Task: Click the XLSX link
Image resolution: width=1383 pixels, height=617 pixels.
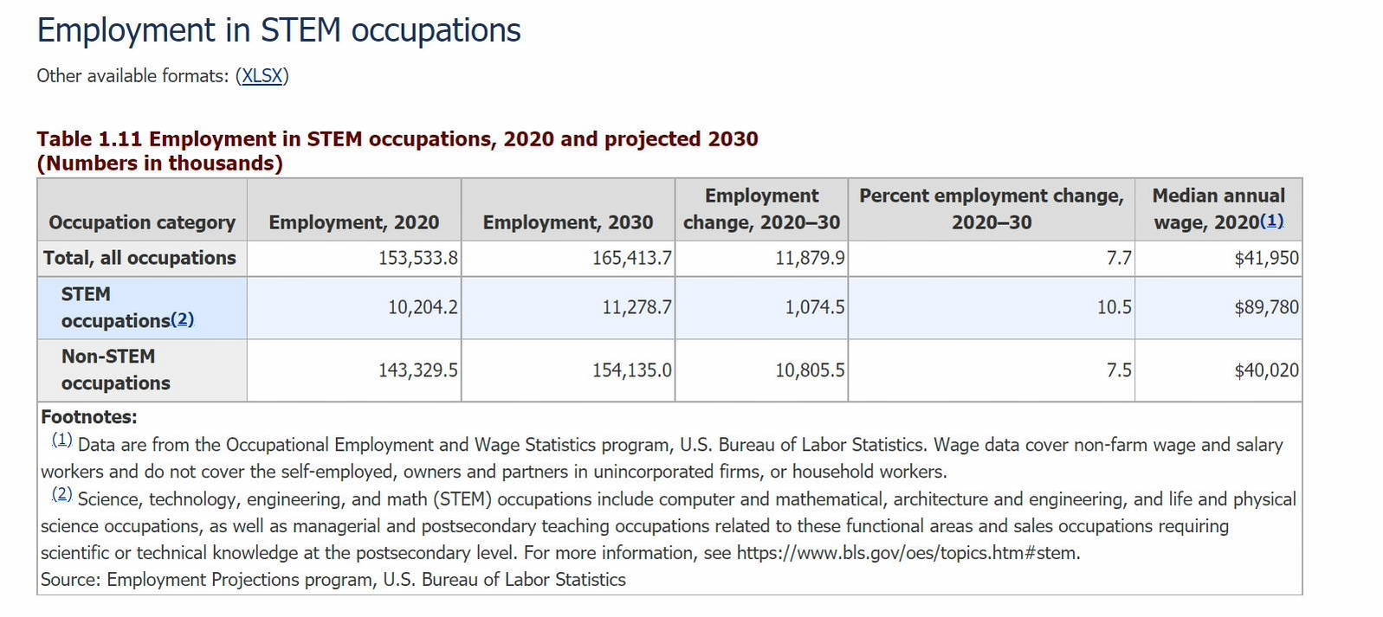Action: (262, 76)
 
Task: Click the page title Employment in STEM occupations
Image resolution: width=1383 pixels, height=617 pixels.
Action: (279, 30)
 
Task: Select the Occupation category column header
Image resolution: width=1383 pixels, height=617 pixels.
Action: (142, 222)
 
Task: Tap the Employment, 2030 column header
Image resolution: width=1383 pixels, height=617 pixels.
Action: (568, 222)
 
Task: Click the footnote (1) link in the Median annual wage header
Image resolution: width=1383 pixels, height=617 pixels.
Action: (1272, 221)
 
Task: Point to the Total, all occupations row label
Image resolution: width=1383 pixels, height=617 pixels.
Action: (139, 258)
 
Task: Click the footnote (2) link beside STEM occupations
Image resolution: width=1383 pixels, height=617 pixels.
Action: (182, 319)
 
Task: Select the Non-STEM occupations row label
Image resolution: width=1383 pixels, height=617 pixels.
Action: (115, 370)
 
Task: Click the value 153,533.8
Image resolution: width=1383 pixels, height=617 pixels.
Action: (418, 258)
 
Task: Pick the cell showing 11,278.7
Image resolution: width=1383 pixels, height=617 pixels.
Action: (637, 307)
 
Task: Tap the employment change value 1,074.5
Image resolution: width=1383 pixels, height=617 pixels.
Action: (814, 307)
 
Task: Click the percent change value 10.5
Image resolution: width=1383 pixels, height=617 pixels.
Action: (1114, 307)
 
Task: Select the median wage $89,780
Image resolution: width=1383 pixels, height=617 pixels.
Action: (1266, 307)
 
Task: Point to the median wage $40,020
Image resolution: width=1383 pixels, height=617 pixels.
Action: (1266, 370)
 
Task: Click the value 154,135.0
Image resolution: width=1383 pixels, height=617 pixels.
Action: (631, 370)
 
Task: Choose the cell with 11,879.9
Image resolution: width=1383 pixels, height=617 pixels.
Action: (810, 258)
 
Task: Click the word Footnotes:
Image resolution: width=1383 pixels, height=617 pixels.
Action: (89, 417)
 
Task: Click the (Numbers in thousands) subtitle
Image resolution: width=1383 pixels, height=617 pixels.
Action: (160, 164)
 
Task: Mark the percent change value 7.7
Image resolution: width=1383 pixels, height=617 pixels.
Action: (1119, 258)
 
